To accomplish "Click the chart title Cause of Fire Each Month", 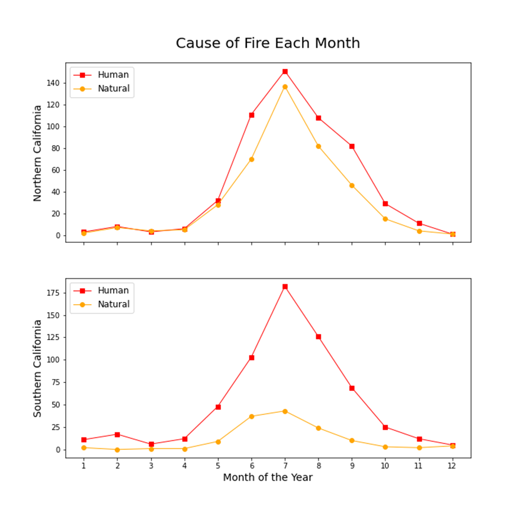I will coord(268,43).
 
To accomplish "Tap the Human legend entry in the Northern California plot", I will coord(113,75).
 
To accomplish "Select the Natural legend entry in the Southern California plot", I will coord(113,304).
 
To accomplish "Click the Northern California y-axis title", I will coord(38,153).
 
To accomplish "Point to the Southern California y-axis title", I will coord(38,368).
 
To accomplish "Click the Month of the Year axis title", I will coord(268,477).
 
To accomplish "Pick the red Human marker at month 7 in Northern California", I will coord(285,71).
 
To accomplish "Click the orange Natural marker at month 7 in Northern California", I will coord(285,87).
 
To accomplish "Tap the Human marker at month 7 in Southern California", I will coord(285,287).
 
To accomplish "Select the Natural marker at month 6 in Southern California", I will coord(251,416).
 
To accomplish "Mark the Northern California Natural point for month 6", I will coord(251,159).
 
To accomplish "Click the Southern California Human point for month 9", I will coord(352,388).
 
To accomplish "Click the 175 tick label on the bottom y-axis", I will coord(53,292).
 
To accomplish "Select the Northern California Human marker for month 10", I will coord(385,204).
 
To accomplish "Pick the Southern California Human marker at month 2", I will coord(117,434).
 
